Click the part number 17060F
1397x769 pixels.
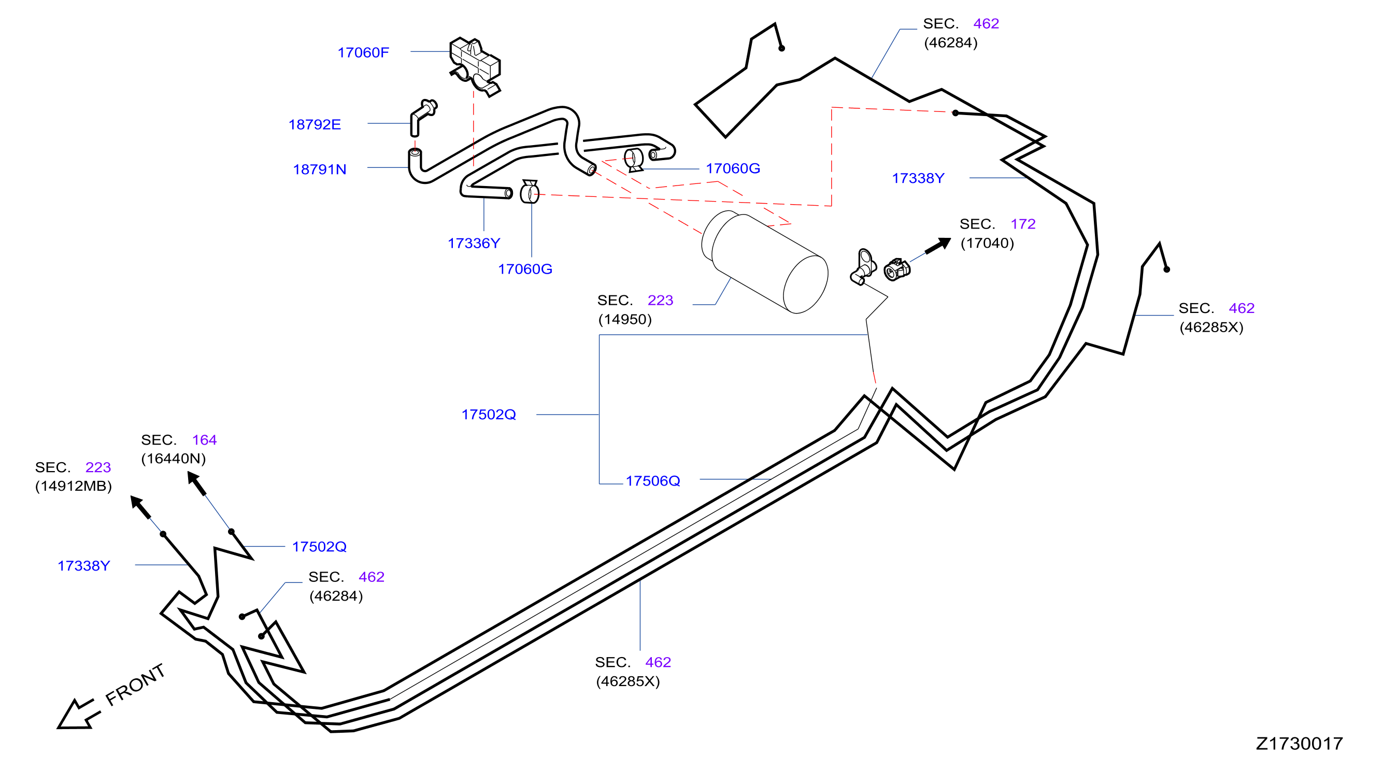pos(363,53)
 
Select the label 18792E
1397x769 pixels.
pos(315,125)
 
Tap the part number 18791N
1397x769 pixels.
pos(319,170)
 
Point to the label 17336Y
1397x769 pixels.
pos(474,244)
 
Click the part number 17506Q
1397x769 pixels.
pos(653,481)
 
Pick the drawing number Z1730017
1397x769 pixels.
pos(1299,744)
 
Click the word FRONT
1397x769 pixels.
pos(135,685)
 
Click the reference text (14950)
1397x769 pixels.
pos(625,319)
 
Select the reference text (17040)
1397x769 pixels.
pos(987,243)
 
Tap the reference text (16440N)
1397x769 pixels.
pos(174,459)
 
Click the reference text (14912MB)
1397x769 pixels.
pos(73,486)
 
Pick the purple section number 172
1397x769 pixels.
pos(1023,224)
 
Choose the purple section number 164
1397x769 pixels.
pos(205,440)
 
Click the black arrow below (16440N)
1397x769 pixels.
pos(196,483)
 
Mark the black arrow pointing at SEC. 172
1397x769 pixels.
pos(938,246)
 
